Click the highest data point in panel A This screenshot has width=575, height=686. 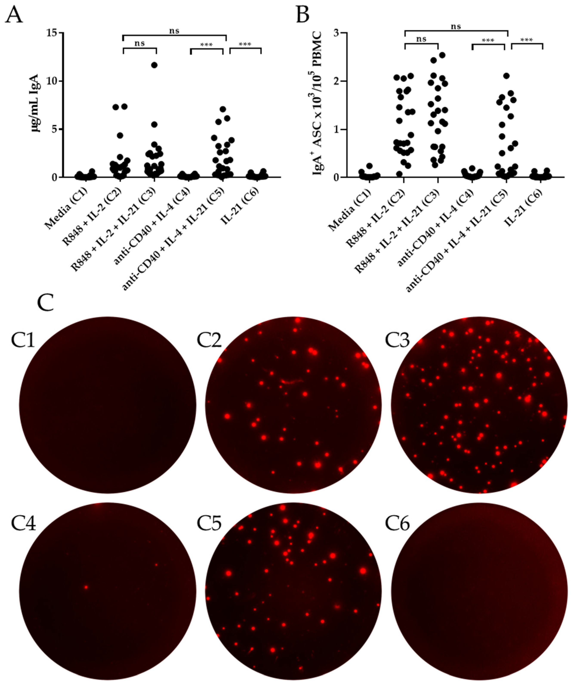pos(154,65)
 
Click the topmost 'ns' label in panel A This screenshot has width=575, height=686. pos(174,31)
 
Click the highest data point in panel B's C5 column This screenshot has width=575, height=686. pos(506,76)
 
